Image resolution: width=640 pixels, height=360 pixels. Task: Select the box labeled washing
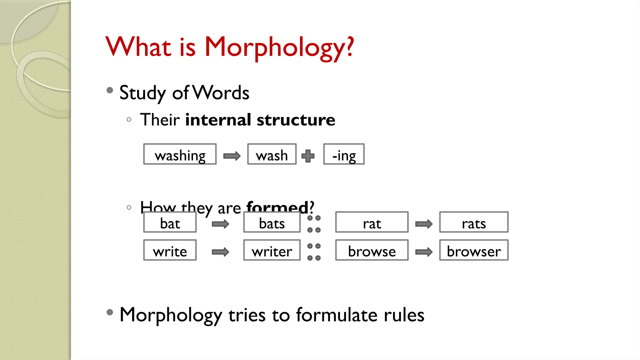coord(180,154)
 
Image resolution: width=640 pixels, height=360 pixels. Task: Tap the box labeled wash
coord(272,154)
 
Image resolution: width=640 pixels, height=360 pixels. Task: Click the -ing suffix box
coord(344,154)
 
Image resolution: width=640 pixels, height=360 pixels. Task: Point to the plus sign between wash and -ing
coord(308,156)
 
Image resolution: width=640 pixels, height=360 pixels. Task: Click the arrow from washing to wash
coord(232,156)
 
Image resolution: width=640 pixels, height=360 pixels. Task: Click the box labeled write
coord(170,250)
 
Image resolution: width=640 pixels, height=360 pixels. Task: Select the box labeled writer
coord(272,250)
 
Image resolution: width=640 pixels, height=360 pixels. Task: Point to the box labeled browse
coord(372,250)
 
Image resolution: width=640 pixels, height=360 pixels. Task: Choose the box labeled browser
coord(474,250)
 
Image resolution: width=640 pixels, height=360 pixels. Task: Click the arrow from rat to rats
coord(424,224)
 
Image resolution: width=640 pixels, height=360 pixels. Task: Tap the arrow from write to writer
coord(220,252)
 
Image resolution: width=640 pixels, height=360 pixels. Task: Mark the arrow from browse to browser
coord(424,252)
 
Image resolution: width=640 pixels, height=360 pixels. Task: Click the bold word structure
coord(296,120)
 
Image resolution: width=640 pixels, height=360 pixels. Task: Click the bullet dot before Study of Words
coord(110,90)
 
